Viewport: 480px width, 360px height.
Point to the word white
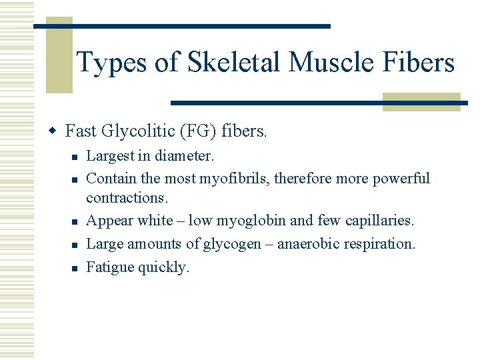[x=155, y=221]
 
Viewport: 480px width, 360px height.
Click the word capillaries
[x=382, y=221]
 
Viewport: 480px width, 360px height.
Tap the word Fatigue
[x=110, y=267]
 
